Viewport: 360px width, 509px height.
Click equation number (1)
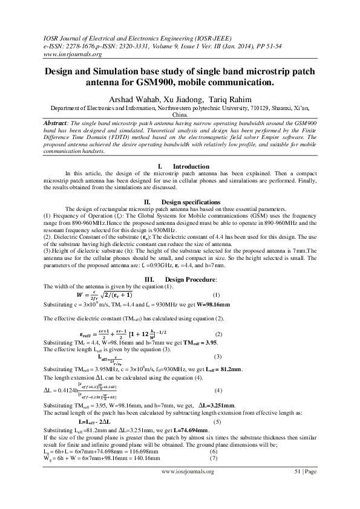tap(217, 294)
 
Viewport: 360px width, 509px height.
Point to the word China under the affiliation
tap(180, 114)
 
